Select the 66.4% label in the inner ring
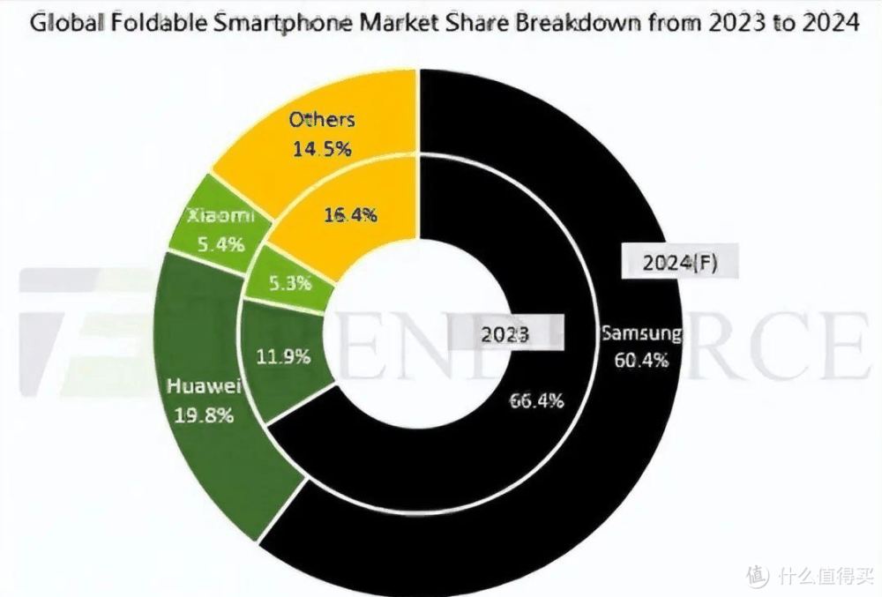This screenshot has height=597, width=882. click(x=537, y=400)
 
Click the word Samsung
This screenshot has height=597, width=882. click(x=641, y=333)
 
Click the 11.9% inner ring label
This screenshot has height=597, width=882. click(x=283, y=357)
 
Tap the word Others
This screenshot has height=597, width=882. click(x=321, y=119)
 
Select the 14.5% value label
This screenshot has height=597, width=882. click(x=321, y=148)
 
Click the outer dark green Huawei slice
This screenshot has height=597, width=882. click(x=212, y=467)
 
